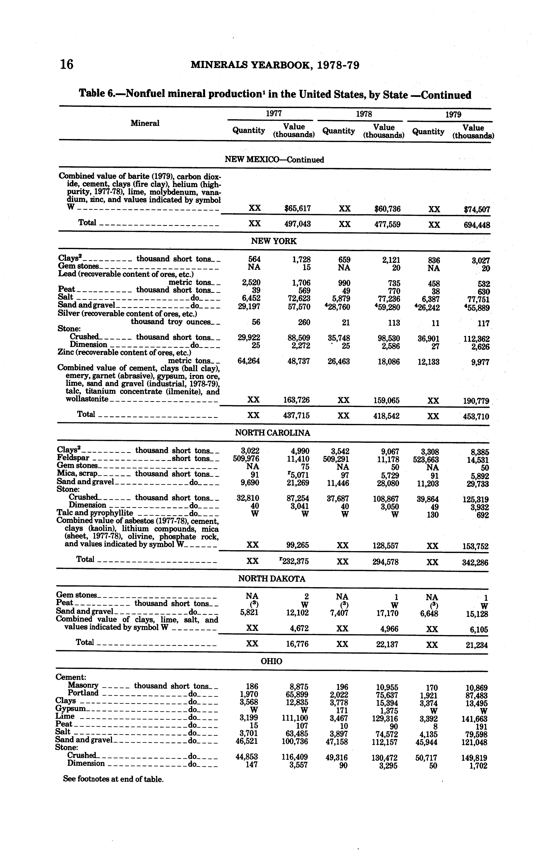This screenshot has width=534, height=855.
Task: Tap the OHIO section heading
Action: coord(271,661)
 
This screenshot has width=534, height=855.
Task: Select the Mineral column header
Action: coord(145,123)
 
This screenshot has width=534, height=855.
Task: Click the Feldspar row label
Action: coord(73,458)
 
